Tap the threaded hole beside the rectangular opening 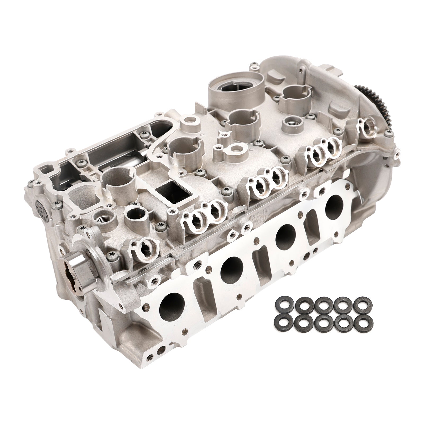pyautogui.click(x=105, y=219)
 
